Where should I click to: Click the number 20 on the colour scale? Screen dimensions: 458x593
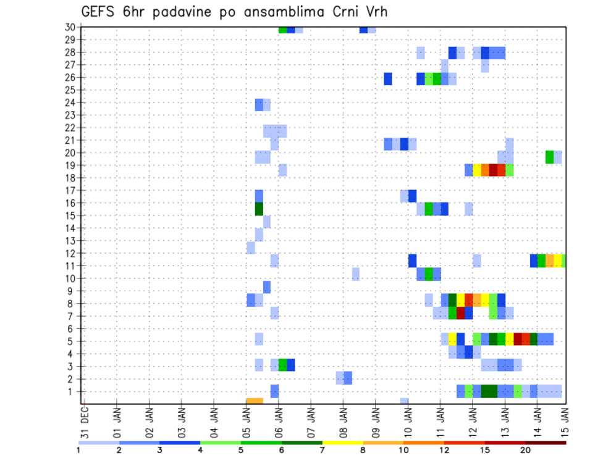[x=525, y=450]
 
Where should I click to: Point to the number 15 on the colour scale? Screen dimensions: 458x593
[x=485, y=450]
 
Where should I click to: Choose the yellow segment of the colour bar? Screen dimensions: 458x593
[x=342, y=443]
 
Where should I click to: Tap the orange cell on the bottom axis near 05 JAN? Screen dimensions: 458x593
[x=254, y=401]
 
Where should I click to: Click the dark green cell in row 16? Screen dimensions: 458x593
[x=259, y=209]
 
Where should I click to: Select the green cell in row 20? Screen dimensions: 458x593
[x=550, y=157]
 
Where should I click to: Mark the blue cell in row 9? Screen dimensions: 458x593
[x=267, y=287]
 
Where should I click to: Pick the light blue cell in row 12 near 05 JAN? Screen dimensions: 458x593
[x=251, y=248]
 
